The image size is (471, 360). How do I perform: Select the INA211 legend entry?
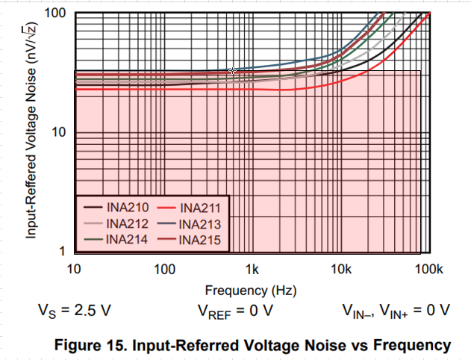click(196, 208)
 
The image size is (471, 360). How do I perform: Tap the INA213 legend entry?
click(196, 223)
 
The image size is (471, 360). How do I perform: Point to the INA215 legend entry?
click(196, 239)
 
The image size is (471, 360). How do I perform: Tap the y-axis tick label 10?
click(60, 133)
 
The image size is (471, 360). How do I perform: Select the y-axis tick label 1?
click(64, 252)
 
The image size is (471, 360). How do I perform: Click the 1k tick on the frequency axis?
click(252, 269)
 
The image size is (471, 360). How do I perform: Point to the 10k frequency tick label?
click(341, 269)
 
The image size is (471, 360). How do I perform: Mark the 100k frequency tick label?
click(428, 269)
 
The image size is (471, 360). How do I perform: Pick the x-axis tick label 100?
click(163, 269)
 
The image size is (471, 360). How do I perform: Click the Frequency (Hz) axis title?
click(247, 289)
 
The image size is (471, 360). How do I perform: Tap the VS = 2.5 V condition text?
click(72, 311)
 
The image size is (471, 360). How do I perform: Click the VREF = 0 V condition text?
click(235, 311)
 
